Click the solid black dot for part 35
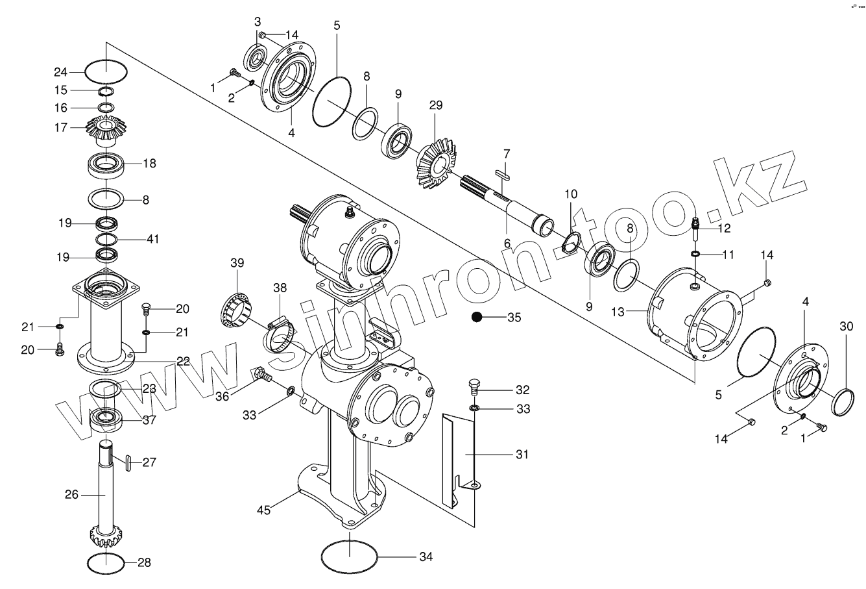coord(477,318)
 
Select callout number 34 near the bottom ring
coord(426,557)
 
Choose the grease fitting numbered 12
coord(697,225)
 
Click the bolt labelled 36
coord(261,375)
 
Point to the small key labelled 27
coord(128,462)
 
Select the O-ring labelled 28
coord(104,562)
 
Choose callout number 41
coord(152,239)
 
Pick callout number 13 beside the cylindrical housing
coord(618,312)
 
